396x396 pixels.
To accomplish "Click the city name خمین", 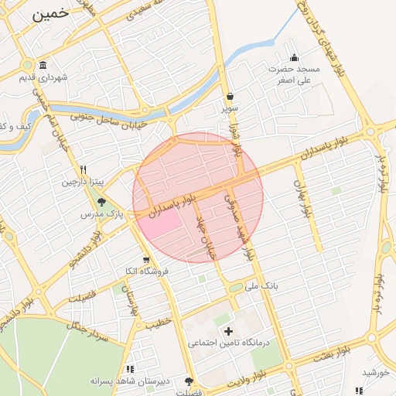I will [x=52, y=14].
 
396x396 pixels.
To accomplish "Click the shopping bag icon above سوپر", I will [x=230, y=97].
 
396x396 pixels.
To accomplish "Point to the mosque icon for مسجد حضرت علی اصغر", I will [x=294, y=57].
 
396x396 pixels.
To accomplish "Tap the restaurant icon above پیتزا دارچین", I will [x=83, y=170].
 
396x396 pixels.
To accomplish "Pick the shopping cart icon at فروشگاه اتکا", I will [x=145, y=260].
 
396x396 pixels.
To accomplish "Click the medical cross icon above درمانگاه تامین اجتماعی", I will [x=227, y=331].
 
